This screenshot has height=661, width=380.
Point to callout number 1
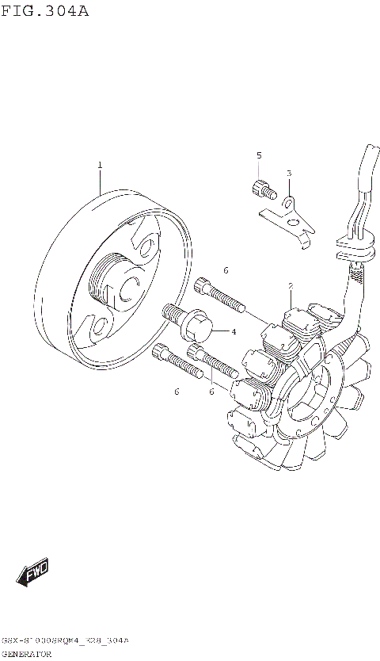pyautogui.click(x=100, y=165)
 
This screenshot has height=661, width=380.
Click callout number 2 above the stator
pyautogui.click(x=291, y=286)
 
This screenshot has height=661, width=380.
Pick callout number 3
pyautogui.click(x=289, y=173)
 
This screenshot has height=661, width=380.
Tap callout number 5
pyautogui.click(x=258, y=155)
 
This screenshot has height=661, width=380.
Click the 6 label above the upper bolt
pyautogui.click(x=226, y=271)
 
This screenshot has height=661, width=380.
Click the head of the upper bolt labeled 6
pyautogui.click(x=202, y=287)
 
